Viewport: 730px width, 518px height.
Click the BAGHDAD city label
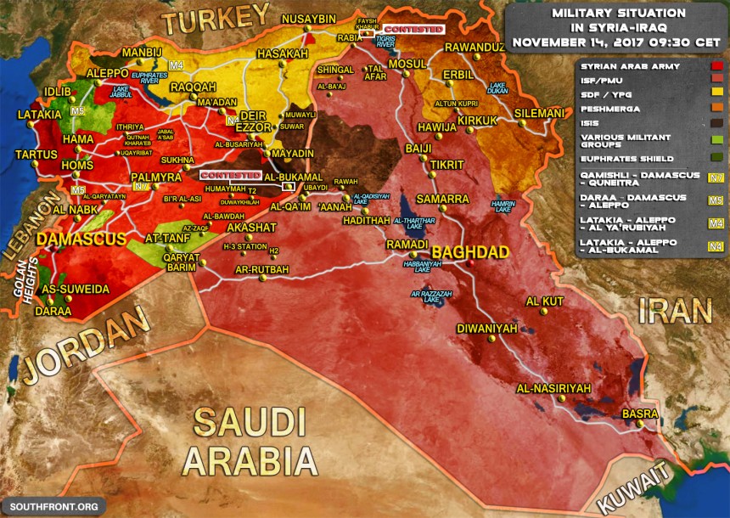[469, 252]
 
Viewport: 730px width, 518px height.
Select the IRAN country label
[675, 311]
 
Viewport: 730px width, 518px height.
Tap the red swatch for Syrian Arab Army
[717, 65]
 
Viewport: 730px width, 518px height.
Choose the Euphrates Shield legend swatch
[717, 159]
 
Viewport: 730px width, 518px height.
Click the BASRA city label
[639, 414]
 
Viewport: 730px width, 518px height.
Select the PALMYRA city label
[151, 177]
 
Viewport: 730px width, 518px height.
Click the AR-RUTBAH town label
[261, 271]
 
